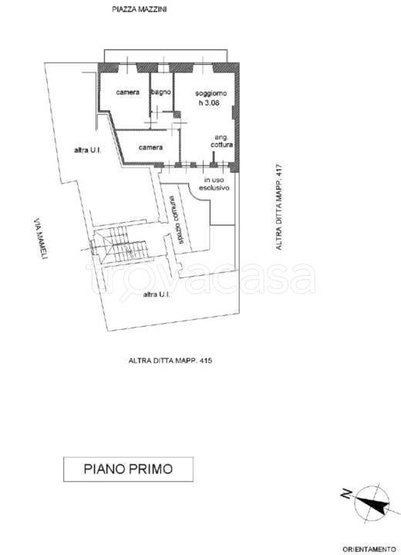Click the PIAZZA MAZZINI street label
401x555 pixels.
(x=140, y=9)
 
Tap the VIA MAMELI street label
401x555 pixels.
(x=40, y=239)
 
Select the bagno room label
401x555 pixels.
(x=161, y=92)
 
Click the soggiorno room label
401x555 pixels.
(x=211, y=93)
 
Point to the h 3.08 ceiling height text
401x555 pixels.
(x=209, y=103)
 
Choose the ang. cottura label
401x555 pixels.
(x=222, y=141)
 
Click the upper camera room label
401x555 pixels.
(x=127, y=92)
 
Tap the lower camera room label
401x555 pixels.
(x=150, y=147)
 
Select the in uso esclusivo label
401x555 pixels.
(x=214, y=183)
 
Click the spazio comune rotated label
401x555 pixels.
(x=176, y=220)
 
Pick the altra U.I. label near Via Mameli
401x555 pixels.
(x=88, y=150)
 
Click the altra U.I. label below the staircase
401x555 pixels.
(x=157, y=294)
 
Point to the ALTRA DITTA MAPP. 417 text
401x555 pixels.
(x=279, y=206)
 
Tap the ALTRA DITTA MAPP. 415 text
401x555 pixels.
(x=170, y=361)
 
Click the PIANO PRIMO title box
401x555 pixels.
(x=128, y=469)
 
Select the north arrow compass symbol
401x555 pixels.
(x=372, y=503)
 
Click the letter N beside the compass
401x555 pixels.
(x=346, y=494)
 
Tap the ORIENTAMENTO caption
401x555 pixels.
(x=369, y=549)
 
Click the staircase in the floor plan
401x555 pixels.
(x=120, y=245)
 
